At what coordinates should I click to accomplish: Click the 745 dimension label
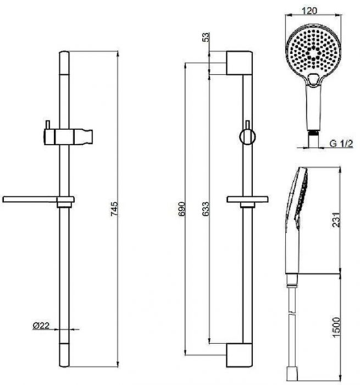[114, 208]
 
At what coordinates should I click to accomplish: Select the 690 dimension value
[181, 209]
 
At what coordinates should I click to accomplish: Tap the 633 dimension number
[206, 209]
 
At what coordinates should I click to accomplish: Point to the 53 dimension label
[206, 37]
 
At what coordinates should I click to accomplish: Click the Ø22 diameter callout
[41, 326]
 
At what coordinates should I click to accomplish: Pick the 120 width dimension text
[309, 10]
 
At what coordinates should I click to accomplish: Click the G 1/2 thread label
[341, 143]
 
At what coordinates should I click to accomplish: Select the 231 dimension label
[336, 220]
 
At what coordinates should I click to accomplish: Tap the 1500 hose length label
[336, 328]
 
